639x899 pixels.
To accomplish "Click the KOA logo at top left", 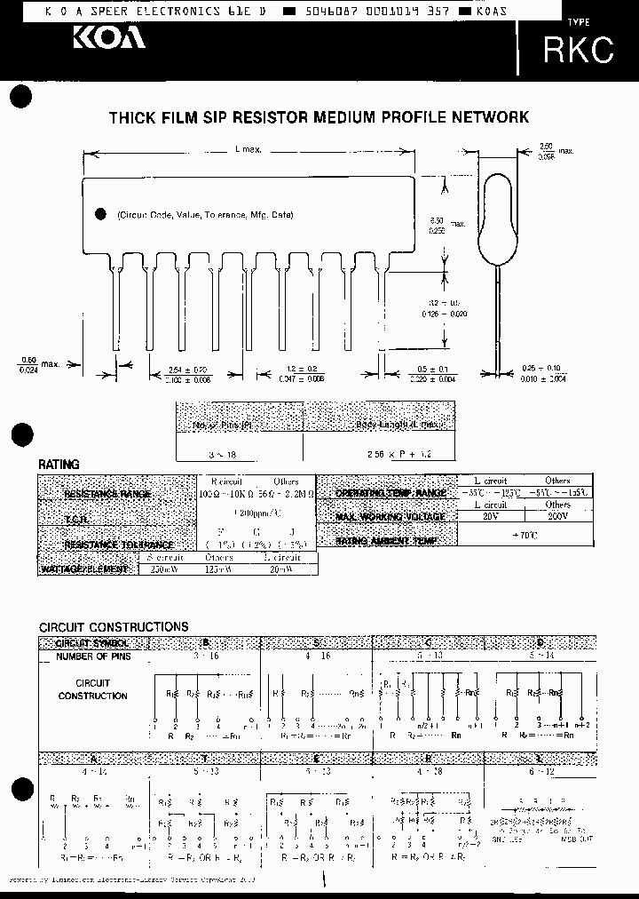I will point(108,38).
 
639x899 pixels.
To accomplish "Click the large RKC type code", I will point(578,50).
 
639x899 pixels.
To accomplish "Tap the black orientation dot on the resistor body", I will point(99,214).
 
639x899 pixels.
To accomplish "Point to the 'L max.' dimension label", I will point(248,150).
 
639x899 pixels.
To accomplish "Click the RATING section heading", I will point(59,465).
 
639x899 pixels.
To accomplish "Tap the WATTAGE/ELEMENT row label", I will point(88,568).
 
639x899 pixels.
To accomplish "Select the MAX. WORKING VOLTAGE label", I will point(387,516).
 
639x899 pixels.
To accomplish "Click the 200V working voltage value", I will point(558,515).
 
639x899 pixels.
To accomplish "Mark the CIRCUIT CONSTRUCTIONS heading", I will point(114,626).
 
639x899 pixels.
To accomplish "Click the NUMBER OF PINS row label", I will point(92,656).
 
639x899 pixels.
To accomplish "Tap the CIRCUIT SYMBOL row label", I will point(92,642).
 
